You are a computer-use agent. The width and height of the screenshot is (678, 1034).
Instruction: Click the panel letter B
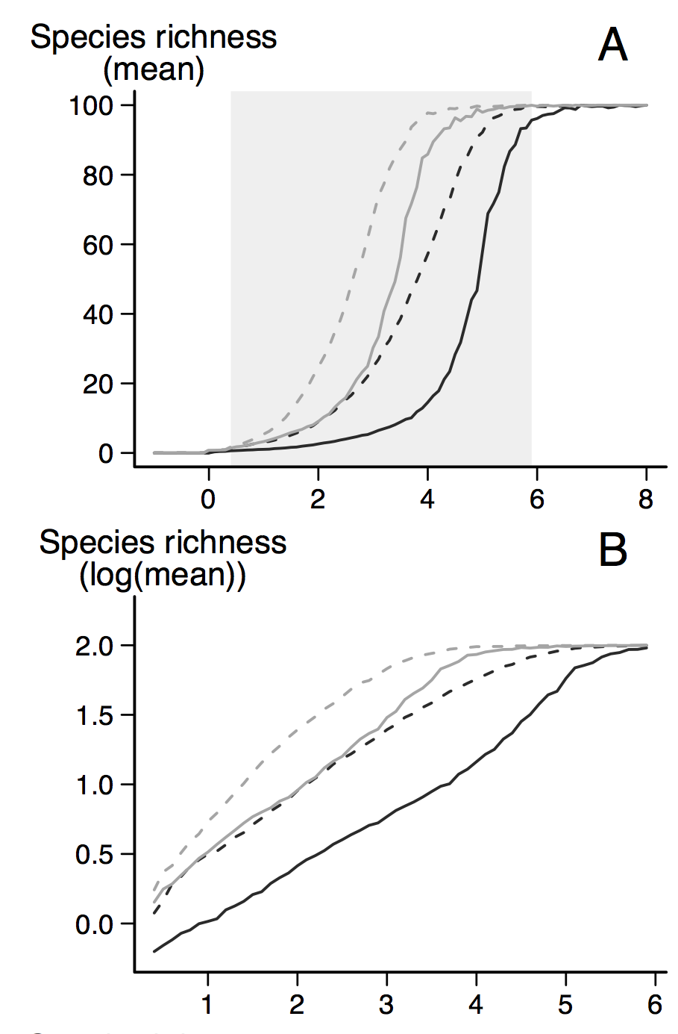(612, 550)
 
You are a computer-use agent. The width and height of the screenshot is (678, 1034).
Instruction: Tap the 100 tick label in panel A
(90, 105)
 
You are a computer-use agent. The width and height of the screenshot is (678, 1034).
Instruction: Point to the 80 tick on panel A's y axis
(98, 175)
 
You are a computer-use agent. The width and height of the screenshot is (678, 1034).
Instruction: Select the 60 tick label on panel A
(98, 245)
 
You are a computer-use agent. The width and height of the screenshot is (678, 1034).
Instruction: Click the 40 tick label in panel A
(98, 314)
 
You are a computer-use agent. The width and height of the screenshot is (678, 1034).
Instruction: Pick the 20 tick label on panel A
(98, 384)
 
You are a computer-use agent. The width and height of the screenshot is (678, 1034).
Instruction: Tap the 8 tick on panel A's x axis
(646, 498)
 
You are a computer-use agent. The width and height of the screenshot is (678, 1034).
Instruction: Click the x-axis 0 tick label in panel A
(209, 498)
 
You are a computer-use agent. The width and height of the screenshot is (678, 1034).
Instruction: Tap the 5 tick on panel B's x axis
(565, 1004)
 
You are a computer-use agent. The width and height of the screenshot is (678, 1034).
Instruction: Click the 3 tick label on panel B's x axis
(386, 1004)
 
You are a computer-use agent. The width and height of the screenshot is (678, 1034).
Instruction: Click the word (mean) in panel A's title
(154, 71)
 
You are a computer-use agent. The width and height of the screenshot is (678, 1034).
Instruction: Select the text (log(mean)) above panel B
(163, 576)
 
